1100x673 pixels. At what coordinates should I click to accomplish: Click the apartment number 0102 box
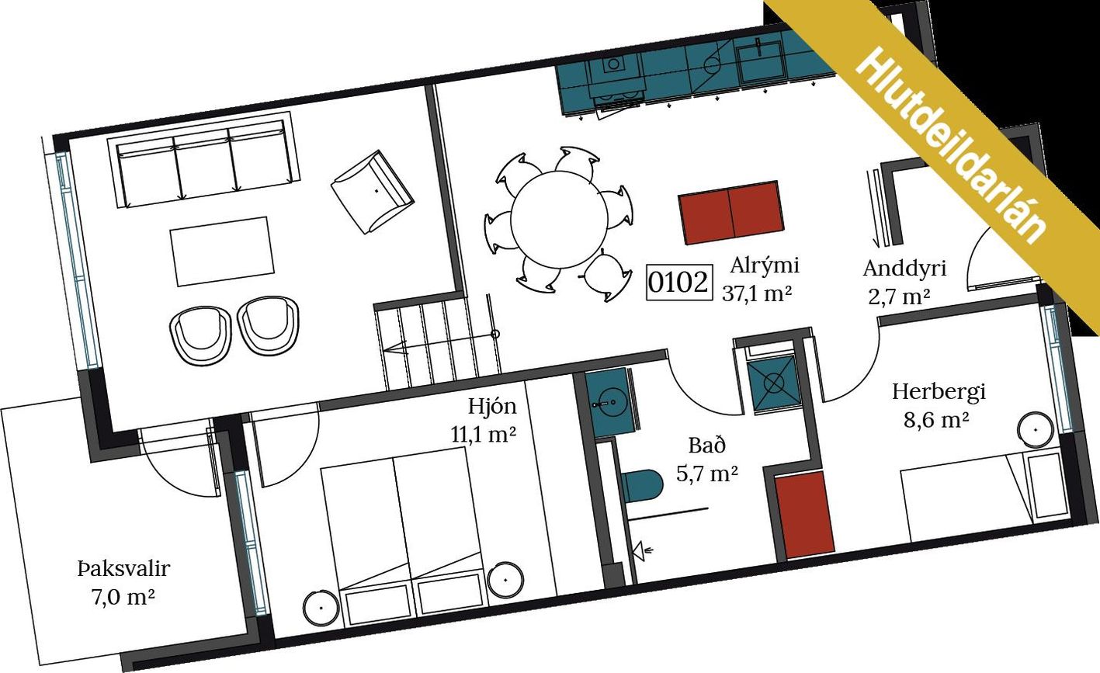pos(678,282)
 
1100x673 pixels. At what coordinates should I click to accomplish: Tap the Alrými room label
pos(764,265)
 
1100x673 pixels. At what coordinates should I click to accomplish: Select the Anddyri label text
pos(904,269)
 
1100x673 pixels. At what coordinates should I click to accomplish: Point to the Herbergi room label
pos(939,392)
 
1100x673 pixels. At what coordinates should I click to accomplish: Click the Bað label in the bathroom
pos(706,446)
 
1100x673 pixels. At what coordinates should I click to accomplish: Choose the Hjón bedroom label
pos(492,407)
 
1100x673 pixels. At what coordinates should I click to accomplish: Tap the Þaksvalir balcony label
pos(123,569)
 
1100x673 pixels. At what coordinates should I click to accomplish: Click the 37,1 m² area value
pos(757,293)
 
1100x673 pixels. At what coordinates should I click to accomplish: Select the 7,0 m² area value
pos(123,598)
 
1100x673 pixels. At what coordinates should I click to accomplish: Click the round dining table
pos(559,220)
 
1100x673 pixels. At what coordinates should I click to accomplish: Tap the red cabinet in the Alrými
pos(730,213)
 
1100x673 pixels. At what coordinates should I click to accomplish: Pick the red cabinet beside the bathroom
pos(804,515)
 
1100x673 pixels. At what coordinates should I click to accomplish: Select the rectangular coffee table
pos(223,252)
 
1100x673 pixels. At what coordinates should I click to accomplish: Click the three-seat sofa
pos(204,160)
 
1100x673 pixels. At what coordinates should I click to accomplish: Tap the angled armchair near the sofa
pos(373,192)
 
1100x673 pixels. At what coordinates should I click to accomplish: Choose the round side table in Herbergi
pos(1035,429)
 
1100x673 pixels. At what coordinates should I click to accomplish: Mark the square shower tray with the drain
pos(774,383)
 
